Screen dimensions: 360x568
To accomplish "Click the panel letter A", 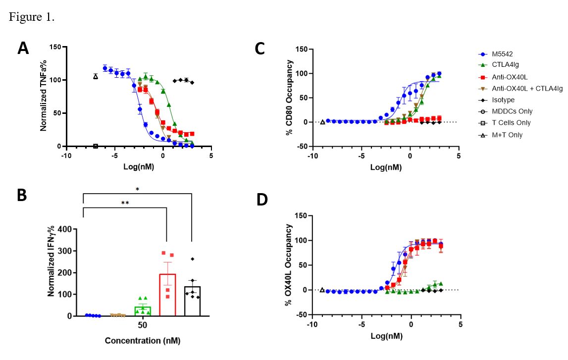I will click(23, 49).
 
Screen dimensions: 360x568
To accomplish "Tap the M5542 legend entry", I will click(495, 53).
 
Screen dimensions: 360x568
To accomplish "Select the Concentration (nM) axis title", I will click(142, 341).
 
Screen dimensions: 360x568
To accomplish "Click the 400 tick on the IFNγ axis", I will click(64, 229).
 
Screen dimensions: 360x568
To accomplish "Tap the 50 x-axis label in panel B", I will click(142, 325).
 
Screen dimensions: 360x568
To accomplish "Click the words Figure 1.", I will click(32, 17).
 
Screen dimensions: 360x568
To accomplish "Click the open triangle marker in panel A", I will click(96, 76).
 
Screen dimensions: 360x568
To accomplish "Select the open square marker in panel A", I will click(96, 146).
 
